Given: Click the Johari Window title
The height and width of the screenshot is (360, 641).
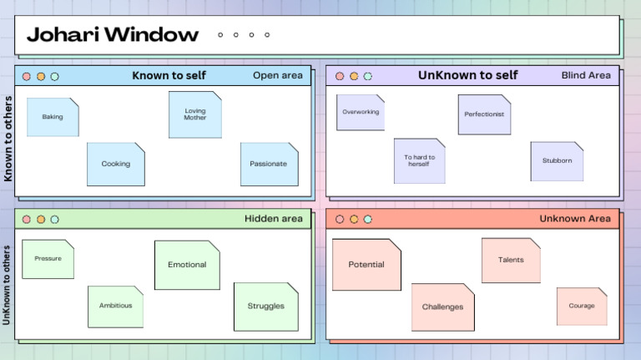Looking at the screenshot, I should pos(113,35).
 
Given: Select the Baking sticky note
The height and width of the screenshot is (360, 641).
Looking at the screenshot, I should pos(53,117).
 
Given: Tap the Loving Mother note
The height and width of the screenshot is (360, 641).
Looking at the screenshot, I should pos(195,114).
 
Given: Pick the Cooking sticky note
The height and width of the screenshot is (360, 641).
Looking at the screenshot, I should pos(116,164).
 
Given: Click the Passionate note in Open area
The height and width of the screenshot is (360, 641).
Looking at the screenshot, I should pos(269,164).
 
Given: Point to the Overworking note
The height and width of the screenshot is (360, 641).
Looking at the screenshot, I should pos(361,112).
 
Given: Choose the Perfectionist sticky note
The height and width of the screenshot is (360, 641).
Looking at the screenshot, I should pos(484,114).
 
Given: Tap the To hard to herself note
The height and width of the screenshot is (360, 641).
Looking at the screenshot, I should pos(419,160).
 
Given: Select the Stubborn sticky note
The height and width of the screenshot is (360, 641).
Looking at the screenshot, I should pos(557,160).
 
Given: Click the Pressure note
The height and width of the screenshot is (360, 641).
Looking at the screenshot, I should pos(48,259).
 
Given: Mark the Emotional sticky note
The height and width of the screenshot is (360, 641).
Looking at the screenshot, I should pos(187,265).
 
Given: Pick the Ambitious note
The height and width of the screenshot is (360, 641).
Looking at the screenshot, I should pos(115,306).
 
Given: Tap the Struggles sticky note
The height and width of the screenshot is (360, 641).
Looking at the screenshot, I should pos(265,306).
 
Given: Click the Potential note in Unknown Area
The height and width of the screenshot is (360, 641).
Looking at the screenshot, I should pos(366,264).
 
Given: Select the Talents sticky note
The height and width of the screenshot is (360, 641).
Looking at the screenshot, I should pos(511,260).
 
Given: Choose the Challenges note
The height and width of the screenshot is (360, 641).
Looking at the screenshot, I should pos(442,307).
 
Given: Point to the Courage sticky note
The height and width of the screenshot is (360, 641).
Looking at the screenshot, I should pos(582,306).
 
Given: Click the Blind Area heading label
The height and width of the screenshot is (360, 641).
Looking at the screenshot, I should pos(586,75).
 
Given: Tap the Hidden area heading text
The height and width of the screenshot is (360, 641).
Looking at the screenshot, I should pos(274,219).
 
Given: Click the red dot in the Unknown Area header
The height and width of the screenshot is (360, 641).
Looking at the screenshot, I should pos(340,220).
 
